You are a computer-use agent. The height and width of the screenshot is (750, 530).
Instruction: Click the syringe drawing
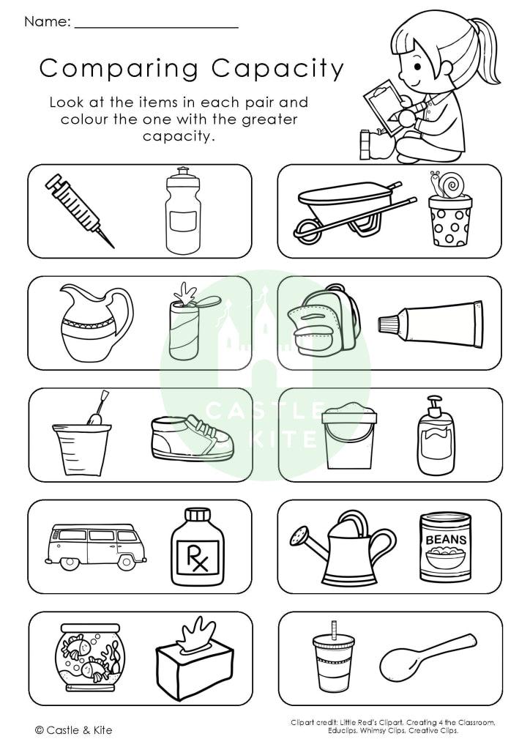[x=77, y=209]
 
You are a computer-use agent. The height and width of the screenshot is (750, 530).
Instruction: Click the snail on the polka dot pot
[x=448, y=184]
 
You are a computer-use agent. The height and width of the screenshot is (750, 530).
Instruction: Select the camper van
[x=93, y=545]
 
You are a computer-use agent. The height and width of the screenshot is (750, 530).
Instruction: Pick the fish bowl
[x=89, y=656]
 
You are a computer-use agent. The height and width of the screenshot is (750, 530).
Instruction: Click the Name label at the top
[x=47, y=22]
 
